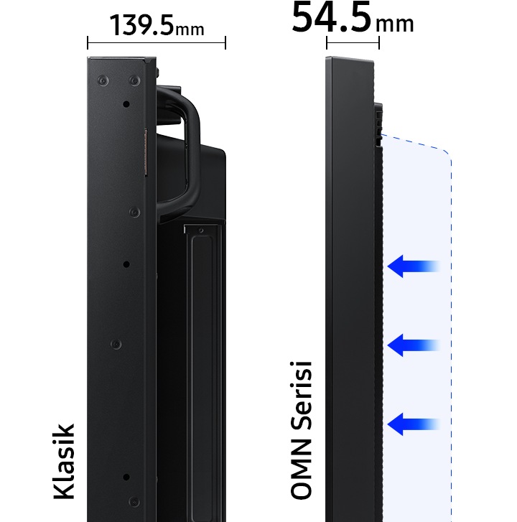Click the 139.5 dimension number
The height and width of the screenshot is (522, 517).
coord(141,25)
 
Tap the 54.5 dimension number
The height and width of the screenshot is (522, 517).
coord(331,17)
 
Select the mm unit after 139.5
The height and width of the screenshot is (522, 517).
coord(190,30)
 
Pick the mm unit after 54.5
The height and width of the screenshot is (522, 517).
coord(395,24)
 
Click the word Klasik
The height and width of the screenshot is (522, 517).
coord(64,462)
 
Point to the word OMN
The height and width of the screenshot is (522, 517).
coord(301,468)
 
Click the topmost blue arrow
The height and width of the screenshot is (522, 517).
coord(414,266)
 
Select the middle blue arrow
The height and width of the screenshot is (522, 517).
coord(414,345)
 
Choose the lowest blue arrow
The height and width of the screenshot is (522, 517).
coord(414,424)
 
